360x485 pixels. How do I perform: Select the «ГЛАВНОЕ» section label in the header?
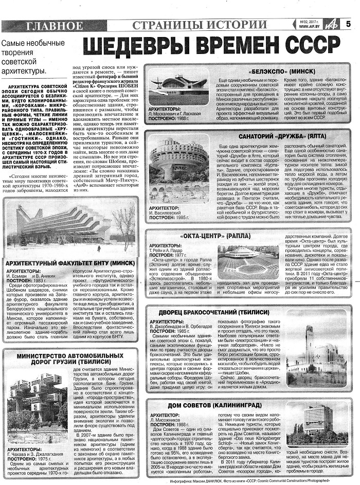54,25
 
